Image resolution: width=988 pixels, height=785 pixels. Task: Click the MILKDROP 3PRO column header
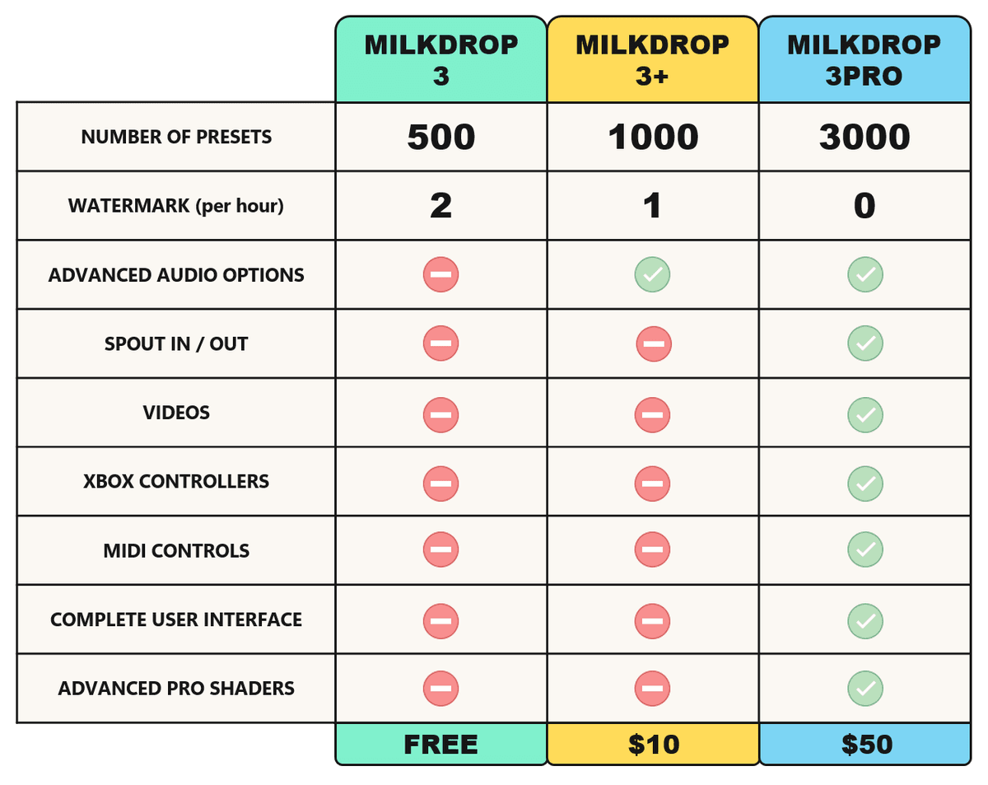coord(864,59)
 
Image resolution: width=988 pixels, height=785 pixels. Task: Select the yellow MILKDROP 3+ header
coord(652,59)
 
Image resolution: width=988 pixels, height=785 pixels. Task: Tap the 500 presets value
coord(440,137)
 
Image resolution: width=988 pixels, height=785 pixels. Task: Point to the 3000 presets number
coord(864,137)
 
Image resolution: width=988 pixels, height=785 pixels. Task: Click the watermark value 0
coord(864,205)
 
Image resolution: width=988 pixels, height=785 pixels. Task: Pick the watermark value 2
coord(440,205)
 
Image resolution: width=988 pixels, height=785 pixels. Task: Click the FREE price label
coord(440,744)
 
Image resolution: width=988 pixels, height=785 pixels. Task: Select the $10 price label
coord(653,744)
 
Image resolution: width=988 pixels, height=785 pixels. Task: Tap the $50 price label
coord(867,744)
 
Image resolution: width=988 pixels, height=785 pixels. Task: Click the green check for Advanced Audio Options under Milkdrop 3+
coord(652,274)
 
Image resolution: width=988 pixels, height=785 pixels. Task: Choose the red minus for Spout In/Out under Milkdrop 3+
coord(654,343)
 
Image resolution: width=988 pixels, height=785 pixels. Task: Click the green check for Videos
coord(865,415)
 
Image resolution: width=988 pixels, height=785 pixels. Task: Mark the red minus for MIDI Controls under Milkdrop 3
coord(440,549)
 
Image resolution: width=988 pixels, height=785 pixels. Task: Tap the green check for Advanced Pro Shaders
coord(865,688)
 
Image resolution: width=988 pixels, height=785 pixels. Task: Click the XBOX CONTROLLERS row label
coord(176,481)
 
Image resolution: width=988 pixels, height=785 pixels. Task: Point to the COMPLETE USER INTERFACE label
coord(176,619)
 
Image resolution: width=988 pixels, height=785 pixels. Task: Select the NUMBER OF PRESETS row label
coord(176,137)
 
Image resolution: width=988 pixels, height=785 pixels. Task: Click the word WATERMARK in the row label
coord(129,205)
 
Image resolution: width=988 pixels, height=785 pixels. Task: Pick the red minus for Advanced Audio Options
coord(440,274)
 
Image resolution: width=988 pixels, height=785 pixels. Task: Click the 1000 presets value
coord(653,137)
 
